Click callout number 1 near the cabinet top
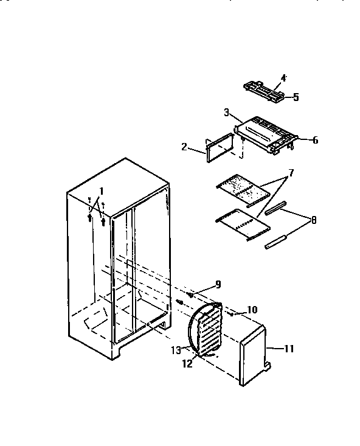(102, 191)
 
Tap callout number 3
(226, 113)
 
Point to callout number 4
(283, 78)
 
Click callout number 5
(296, 97)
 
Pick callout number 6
(315, 140)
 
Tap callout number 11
(288, 349)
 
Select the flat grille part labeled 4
(266, 91)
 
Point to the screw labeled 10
(234, 314)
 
